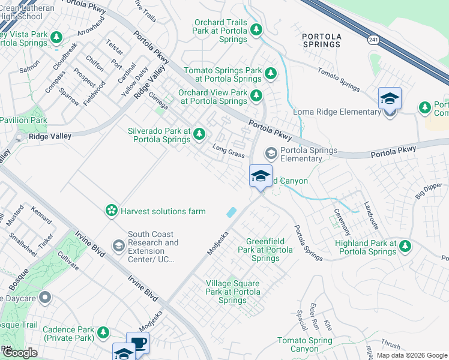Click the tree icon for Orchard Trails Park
(x=256, y=29)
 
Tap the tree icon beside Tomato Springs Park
(x=271, y=73)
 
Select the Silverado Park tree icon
(x=199, y=135)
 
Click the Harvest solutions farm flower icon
(x=111, y=211)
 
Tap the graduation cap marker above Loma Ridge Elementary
(x=390, y=98)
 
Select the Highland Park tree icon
(x=405, y=245)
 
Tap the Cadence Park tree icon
(x=103, y=332)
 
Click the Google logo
(x=19, y=353)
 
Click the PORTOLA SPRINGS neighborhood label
(x=322, y=40)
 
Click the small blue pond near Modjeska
(x=231, y=212)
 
